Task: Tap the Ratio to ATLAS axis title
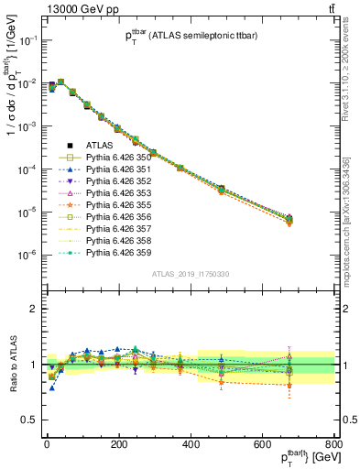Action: pos(13,365)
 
